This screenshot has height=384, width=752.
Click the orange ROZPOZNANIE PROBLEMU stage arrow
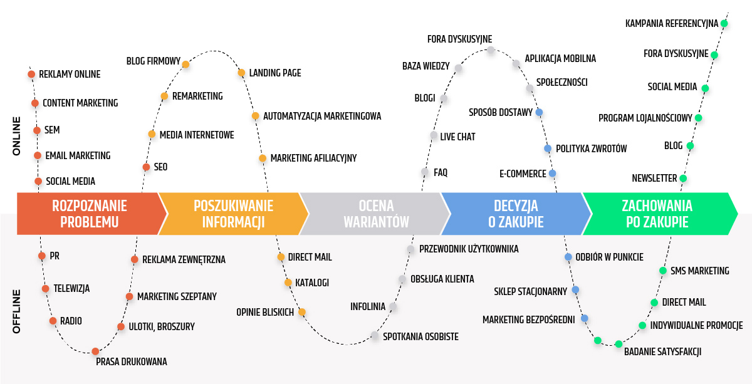pos(90,214)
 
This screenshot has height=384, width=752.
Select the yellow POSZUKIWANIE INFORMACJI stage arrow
pos(229,214)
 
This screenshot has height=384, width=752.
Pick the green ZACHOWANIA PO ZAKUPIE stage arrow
pos(657,214)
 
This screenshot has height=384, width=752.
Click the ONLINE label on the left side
pos(16,136)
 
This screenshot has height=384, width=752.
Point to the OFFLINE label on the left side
pos(16,311)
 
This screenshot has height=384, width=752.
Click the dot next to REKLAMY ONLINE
pos(31,75)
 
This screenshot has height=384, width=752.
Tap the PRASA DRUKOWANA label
pos(131,361)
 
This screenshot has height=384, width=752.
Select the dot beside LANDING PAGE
pos(241,73)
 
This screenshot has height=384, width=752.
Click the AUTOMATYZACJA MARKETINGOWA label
pos(322,116)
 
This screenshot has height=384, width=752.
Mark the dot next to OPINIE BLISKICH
pos(301,312)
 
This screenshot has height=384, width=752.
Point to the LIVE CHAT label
pos(457,137)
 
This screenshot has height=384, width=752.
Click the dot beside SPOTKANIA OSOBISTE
pos(375,336)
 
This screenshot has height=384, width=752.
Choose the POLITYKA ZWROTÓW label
pos(591,148)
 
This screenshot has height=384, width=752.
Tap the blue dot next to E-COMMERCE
pos(552,174)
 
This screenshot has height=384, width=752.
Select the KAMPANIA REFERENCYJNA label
pos(671,24)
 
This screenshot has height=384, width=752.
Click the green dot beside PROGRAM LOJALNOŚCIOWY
pos(698,118)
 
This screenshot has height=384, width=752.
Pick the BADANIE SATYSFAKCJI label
pos(662,351)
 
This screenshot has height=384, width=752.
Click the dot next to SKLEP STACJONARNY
pos(575,290)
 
